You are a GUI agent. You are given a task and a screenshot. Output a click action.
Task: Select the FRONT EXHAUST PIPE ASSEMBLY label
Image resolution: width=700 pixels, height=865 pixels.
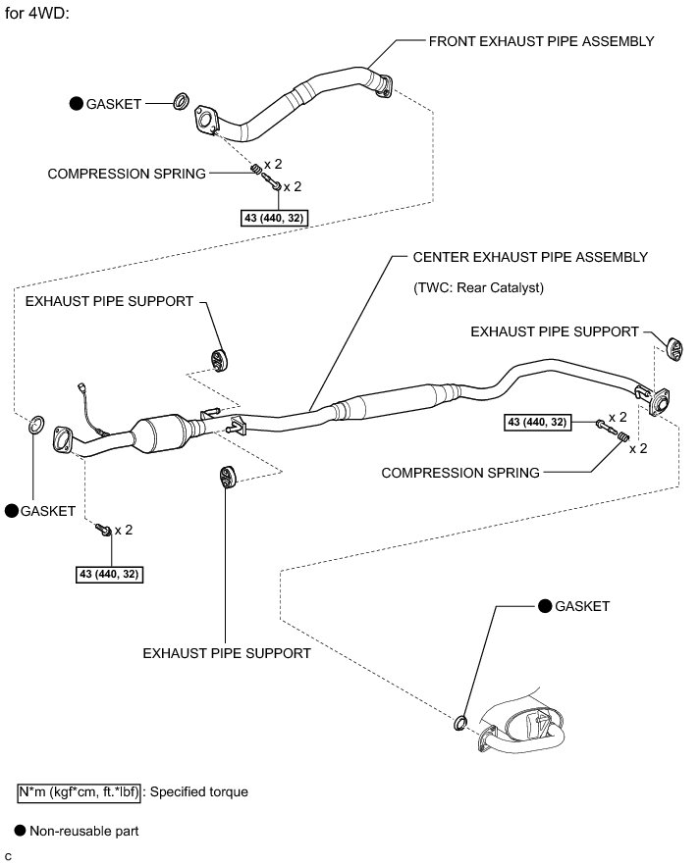(x=541, y=41)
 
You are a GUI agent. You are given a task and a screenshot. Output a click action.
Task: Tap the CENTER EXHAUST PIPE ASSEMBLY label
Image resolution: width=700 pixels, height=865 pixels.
(x=530, y=257)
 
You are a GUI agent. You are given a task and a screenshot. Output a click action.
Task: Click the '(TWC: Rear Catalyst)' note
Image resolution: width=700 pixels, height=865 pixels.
(x=479, y=288)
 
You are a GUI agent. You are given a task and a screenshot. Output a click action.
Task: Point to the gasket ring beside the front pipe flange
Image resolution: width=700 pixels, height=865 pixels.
(x=181, y=101)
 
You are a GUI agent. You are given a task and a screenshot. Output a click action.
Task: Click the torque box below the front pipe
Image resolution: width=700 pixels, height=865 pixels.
(x=273, y=218)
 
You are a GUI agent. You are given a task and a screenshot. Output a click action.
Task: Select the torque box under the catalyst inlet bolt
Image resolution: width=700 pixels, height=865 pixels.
(x=113, y=573)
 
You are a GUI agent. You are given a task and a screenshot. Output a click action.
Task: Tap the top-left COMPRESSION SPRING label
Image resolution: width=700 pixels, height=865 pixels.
(x=127, y=174)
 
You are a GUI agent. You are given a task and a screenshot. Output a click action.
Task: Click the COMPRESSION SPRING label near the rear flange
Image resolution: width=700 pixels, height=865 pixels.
(x=460, y=473)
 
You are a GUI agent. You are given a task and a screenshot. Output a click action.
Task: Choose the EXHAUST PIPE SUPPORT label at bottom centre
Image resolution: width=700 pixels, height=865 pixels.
(x=227, y=652)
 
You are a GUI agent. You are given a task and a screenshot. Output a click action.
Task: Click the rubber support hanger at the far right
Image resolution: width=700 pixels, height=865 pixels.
(x=675, y=346)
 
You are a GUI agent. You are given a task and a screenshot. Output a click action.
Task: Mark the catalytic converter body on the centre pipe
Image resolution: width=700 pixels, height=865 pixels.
(x=162, y=432)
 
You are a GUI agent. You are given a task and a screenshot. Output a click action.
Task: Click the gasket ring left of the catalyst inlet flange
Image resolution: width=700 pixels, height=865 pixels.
(x=34, y=425)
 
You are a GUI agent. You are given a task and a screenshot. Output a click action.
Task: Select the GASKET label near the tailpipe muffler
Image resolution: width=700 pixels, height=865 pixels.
(x=582, y=606)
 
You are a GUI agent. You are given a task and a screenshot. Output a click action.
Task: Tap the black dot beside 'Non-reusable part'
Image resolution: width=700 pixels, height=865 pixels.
(x=21, y=831)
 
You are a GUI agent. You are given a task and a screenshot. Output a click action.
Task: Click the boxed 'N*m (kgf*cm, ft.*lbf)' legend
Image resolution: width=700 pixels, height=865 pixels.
(x=80, y=790)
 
